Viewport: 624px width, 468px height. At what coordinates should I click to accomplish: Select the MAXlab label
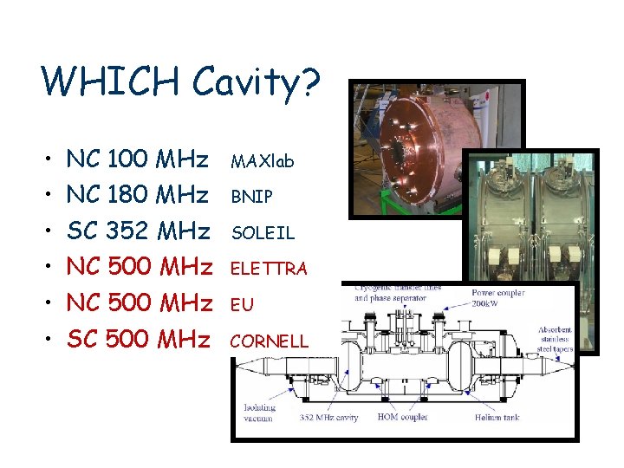point(262,161)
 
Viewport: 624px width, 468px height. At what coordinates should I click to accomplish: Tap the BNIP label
point(251,198)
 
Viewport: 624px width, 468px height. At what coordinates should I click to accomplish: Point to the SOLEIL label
point(262,234)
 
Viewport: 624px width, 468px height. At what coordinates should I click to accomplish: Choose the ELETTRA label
point(268,270)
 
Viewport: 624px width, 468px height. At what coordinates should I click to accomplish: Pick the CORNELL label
point(268,341)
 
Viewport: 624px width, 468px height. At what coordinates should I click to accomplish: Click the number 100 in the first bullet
point(127,159)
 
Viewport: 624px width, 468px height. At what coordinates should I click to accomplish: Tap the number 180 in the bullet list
point(127,195)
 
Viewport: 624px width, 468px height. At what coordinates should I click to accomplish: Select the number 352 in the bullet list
point(127,231)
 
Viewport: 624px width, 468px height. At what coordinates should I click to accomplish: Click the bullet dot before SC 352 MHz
point(49,232)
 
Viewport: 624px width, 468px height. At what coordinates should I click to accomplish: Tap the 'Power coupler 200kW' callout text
point(498,299)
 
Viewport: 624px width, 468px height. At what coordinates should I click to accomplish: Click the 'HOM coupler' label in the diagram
point(400,418)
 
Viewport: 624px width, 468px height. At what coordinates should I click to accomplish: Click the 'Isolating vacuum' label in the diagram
point(259,413)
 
